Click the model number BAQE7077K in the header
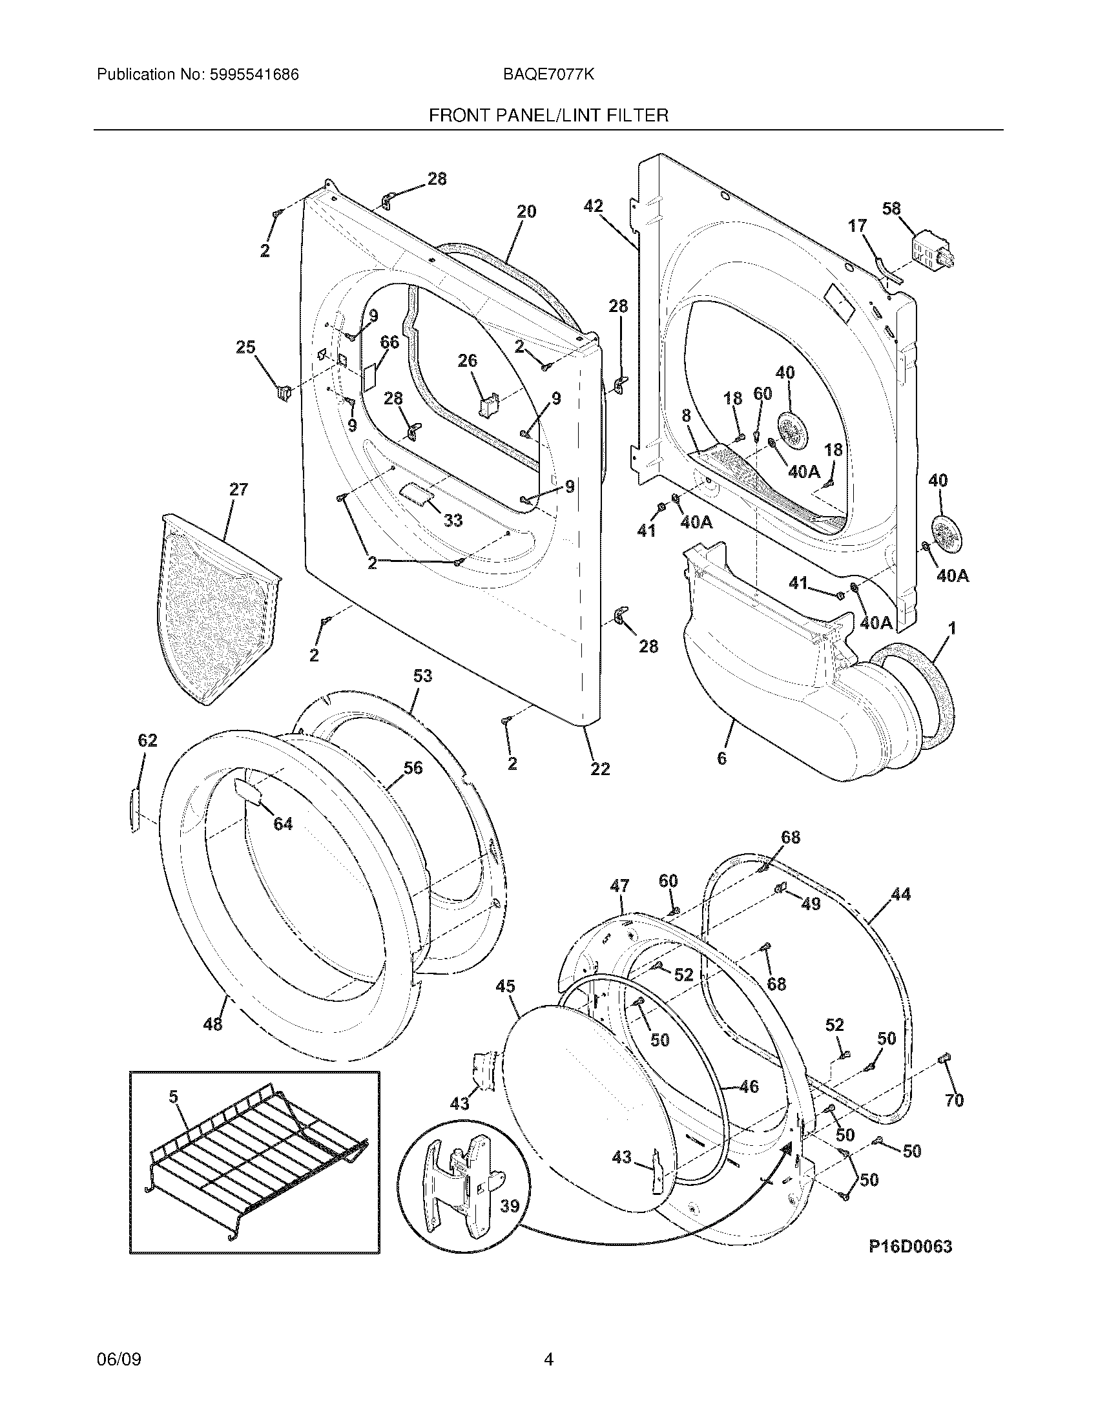click(548, 74)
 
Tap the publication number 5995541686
click(254, 74)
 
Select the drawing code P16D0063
click(910, 1246)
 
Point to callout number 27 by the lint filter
click(238, 490)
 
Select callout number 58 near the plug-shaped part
click(891, 209)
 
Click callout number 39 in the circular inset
click(510, 1206)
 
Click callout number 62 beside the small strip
click(148, 740)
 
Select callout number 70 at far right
click(953, 1100)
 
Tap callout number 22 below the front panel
click(600, 769)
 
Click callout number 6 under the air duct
click(721, 758)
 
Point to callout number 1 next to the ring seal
click(951, 628)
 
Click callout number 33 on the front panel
click(453, 520)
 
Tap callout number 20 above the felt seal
click(526, 211)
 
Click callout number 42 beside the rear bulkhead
click(592, 206)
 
